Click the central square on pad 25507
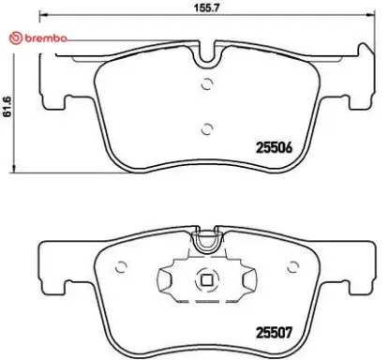[206, 277]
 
